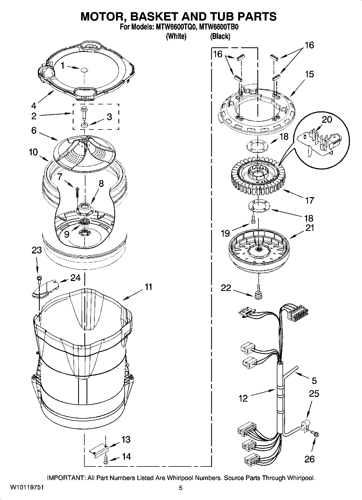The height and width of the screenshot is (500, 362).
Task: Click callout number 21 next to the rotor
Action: click(x=310, y=228)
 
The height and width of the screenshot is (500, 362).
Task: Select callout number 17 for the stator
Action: click(x=310, y=200)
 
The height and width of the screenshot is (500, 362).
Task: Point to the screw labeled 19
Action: click(x=253, y=219)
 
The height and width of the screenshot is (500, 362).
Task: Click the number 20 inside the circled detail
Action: click(x=327, y=119)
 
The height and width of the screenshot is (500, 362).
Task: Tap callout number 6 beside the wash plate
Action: click(x=34, y=130)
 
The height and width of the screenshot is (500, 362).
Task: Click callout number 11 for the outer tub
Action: click(x=148, y=287)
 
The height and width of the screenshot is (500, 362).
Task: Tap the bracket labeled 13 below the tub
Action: click(x=99, y=451)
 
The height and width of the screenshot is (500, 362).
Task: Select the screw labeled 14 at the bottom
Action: click(x=105, y=460)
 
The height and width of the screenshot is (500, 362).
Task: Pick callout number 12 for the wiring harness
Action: click(x=243, y=398)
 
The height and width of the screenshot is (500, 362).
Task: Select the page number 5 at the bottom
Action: click(x=181, y=488)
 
